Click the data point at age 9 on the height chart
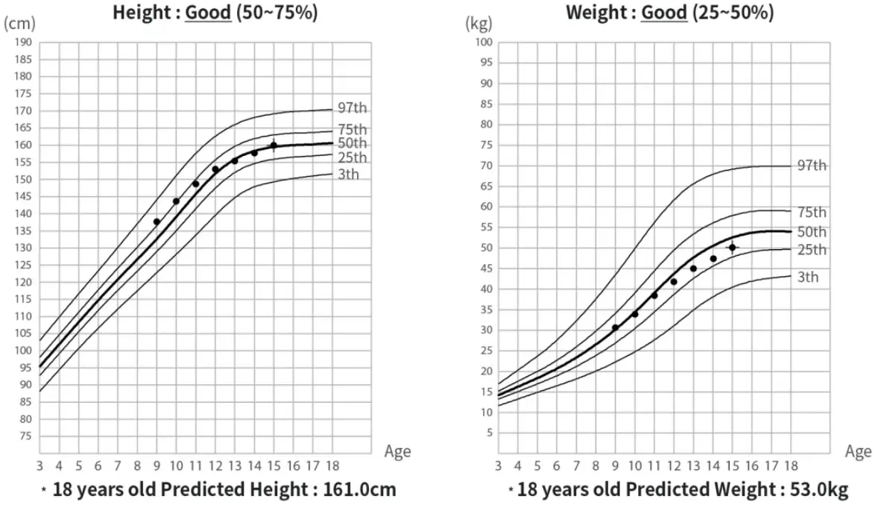point(157,222)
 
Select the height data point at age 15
point(274,145)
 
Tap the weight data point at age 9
point(615,327)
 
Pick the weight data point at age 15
point(732,247)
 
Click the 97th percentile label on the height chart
point(352,110)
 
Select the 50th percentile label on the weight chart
point(811,232)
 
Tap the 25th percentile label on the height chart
point(352,158)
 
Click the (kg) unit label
point(477,23)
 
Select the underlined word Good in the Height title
point(207,13)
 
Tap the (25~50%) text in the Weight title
point(732,13)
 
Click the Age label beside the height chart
point(397,451)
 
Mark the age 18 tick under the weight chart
point(789,466)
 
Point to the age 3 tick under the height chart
point(40,466)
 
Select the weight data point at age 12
point(674,281)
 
